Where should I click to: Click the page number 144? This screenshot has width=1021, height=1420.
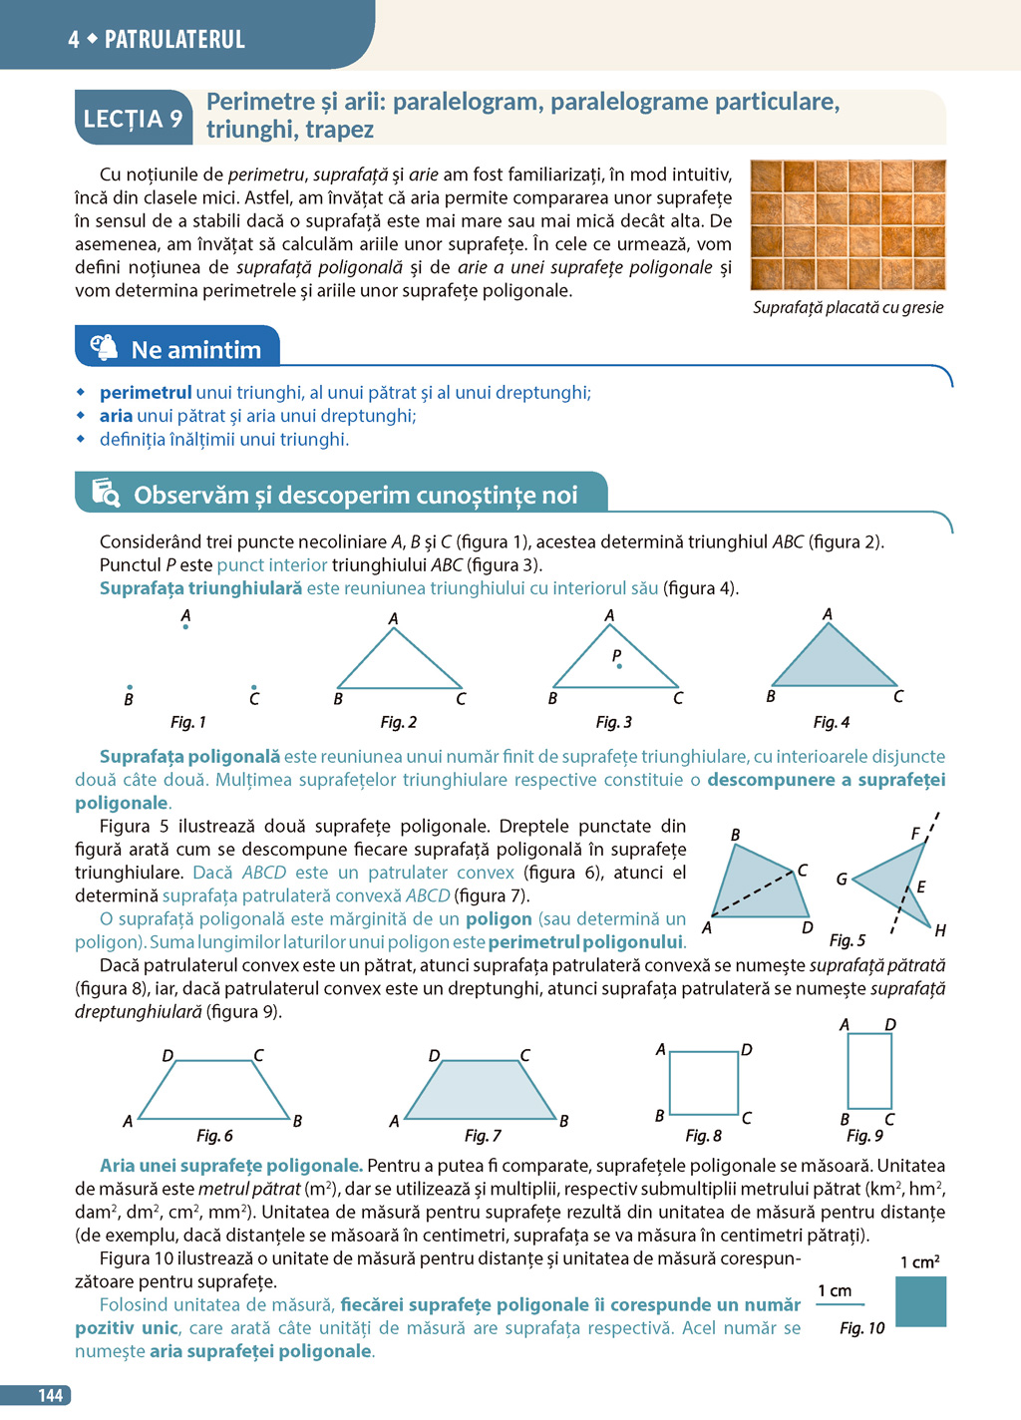coord(50,1395)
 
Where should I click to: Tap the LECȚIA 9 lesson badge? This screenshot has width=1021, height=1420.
coord(133,119)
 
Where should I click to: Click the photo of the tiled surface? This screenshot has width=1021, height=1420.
coord(848,224)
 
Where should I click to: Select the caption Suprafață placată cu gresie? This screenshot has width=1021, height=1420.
coord(848,307)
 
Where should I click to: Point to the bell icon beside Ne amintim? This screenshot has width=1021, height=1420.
coord(104,347)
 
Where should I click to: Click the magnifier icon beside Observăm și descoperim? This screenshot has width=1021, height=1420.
coord(106,493)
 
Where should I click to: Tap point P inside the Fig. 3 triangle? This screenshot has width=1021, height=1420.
coord(619,665)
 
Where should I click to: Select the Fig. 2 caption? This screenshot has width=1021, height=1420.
coord(398,722)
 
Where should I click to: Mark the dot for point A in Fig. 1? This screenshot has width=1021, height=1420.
coord(185,627)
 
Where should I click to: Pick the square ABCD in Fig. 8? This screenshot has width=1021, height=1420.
coord(704,1083)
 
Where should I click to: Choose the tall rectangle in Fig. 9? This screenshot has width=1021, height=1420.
coord(869,1071)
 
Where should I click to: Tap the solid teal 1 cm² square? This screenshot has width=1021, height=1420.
coord(920,1302)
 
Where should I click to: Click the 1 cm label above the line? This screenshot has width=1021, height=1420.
coord(835,1290)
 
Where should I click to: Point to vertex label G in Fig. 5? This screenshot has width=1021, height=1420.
coord(842,880)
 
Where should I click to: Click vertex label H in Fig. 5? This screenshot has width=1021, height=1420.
coord(939,930)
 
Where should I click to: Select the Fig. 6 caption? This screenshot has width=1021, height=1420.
coord(214,1136)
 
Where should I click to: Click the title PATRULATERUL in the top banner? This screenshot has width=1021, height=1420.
coord(174,39)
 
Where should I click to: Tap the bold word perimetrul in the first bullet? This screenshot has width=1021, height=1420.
coord(146,393)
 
